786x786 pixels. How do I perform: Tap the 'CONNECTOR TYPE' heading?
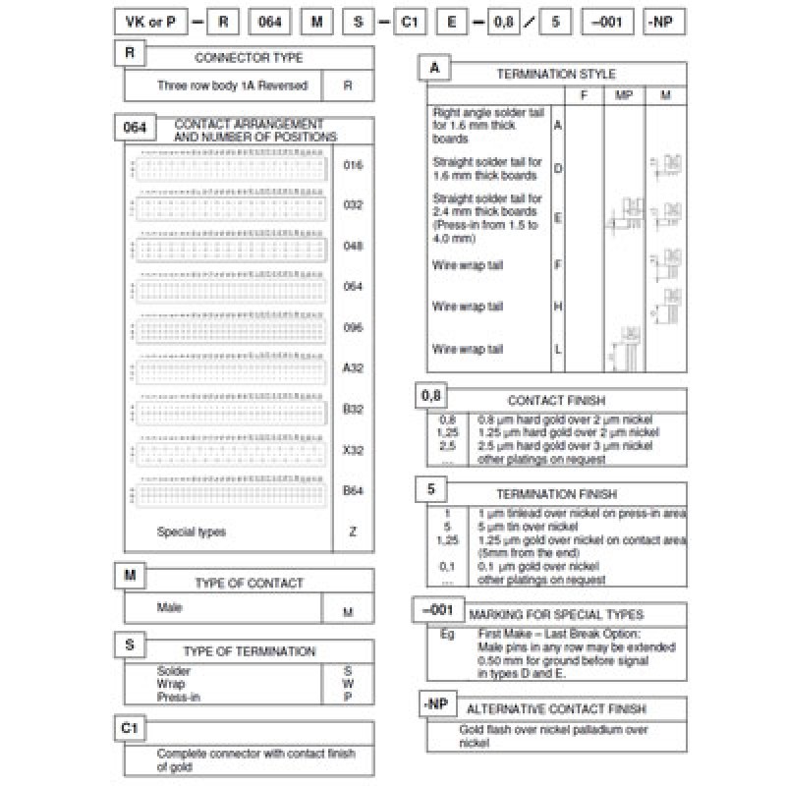coord(249,59)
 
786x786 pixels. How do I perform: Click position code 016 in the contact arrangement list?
coord(353,165)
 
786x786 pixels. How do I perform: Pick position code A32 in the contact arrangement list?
coord(353,368)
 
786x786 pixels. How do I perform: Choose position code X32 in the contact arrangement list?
coord(353,449)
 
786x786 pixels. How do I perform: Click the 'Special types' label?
coord(191,532)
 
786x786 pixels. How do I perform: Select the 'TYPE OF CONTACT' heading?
coord(249,583)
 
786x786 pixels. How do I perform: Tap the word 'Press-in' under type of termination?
coord(175,697)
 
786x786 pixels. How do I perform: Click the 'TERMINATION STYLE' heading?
coord(556,74)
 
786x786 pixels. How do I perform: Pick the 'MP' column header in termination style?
coord(623,95)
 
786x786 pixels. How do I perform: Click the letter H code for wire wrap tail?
coord(558,307)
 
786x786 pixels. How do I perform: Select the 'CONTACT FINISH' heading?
coord(556,401)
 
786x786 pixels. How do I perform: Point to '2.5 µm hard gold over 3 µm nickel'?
coord(564,445)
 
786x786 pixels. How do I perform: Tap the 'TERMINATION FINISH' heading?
coord(556,494)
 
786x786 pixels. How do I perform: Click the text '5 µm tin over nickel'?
coord(526,527)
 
